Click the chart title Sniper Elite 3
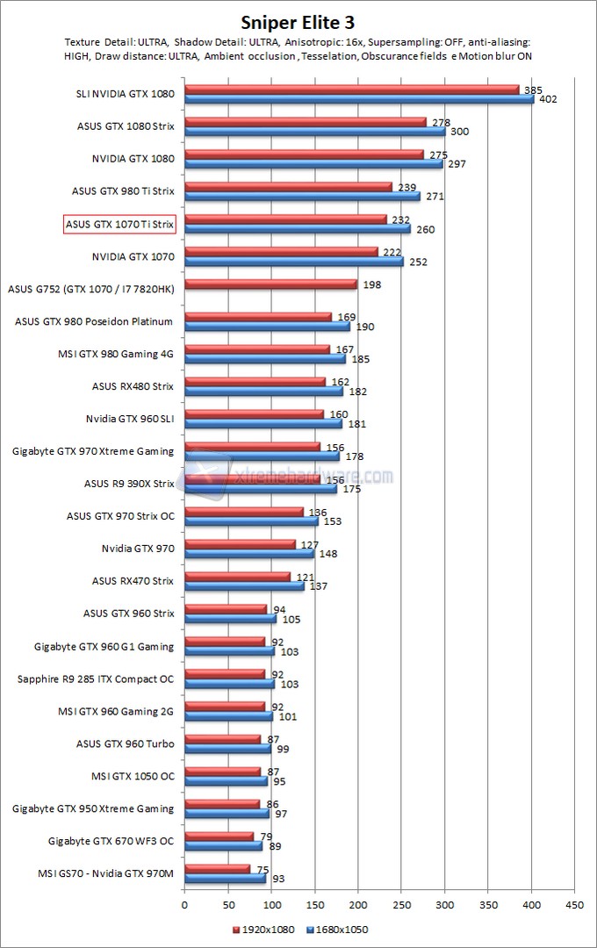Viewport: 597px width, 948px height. pyautogui.click(x=298, y=21)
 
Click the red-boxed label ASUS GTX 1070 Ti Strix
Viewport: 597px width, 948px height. pyautogui.click(x=120, y=224)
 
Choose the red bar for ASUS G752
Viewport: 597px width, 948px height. pyautogui.click(x=270, y=284)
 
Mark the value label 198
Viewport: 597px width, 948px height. pyautogui.click(x=370, y=284)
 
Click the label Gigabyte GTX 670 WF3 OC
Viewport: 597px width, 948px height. pyautogui.click(x=111, y=841)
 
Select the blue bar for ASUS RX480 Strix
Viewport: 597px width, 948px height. pyautogui.click(x=263, y=391)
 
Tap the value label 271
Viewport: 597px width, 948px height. pyautogui.click(x=435, y=197)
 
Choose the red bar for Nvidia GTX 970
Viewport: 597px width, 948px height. pyautogui.click(x=240, y=544)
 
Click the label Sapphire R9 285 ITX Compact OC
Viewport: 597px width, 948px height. pyautogui.click(x=96, y=679)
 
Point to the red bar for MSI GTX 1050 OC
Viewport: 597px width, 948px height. pyautogui.click(x=222, y=772)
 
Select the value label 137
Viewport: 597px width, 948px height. pyautogui.click(x=318, y=586)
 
